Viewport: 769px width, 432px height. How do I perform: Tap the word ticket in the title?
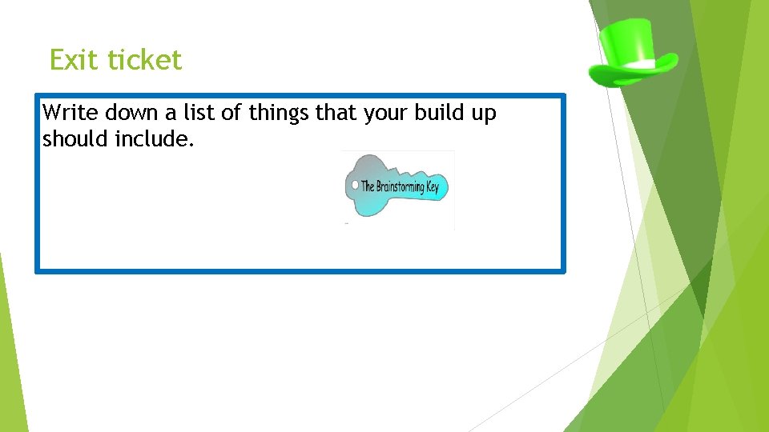click(x=145, y=60)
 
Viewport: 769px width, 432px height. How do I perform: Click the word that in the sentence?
click(x=336, y=114)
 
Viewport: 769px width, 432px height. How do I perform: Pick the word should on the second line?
click(x=75, y=139)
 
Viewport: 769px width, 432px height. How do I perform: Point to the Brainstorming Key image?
click(x=397, y=189)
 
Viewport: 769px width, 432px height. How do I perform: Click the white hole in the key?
click(x=355, y=185)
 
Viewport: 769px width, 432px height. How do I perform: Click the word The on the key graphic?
click(x=368, y=186)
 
